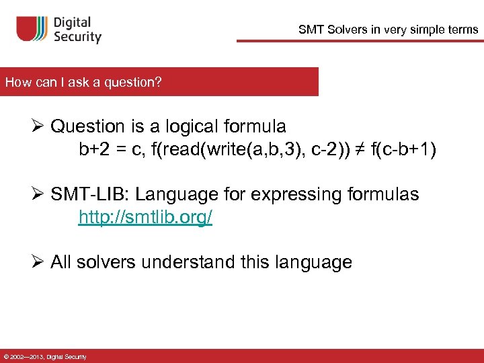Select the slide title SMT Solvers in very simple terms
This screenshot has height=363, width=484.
pyautogui.click(x=389, y=30)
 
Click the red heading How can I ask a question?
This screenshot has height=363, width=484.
pyautogui.click(x=83, y=82)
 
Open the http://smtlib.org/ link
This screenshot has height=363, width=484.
pyautogui.click(x=145, y=218)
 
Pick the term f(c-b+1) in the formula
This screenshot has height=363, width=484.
pyautogui.click(x=403, y=149)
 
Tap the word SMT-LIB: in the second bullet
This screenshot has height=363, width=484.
pyautogui.click(x=90, y=195)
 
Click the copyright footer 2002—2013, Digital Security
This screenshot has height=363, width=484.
pyautogui.click(x=44, y=357)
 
